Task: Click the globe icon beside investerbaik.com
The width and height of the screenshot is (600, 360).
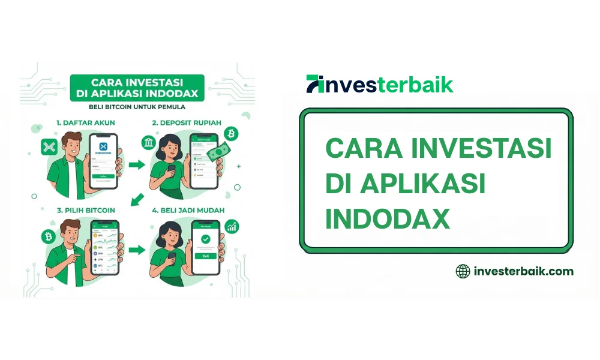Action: point(463,271)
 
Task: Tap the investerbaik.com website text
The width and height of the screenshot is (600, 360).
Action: point(523,271)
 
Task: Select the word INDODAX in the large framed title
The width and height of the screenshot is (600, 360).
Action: point(388,219)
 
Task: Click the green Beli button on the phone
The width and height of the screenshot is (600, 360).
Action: point(206,256)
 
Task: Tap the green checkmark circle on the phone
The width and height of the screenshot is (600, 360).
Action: point(206,239)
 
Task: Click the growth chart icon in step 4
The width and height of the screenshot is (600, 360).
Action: point(232,227)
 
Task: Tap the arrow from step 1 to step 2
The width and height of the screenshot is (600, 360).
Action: point(137,164)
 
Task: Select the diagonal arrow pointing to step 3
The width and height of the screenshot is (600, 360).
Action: point(137,199)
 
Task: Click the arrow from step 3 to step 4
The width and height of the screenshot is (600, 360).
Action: point(137,248)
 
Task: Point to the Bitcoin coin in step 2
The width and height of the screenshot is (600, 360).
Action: point(231,132)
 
